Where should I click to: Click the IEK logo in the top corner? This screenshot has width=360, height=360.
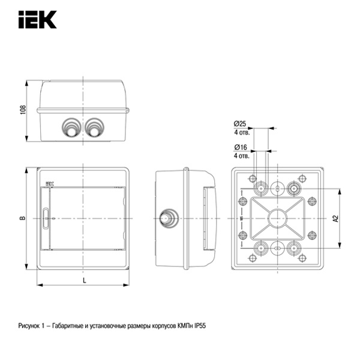click(x=37, y=20)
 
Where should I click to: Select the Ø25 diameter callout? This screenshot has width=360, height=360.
click(x=241, y=124)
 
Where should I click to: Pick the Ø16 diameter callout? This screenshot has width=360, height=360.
click(x=241, y=148)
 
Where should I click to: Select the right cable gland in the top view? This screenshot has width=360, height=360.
click(x=94, y=127)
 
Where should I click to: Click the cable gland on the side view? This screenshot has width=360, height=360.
click(x=169, y=218)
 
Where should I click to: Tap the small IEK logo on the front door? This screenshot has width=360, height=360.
click(x=49, y=178)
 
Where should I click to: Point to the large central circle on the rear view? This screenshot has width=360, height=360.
click(x=277, y=218)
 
